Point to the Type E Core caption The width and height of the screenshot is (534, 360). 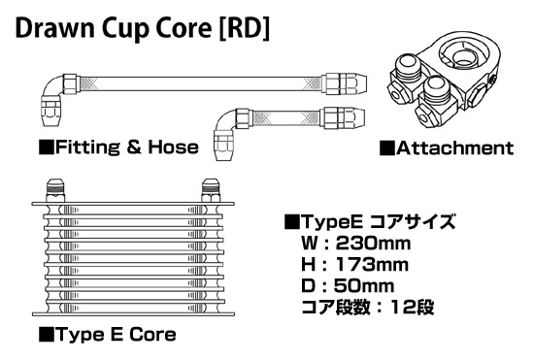pyautogui.click(x=115, y=336)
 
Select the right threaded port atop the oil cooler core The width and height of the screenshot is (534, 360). pyautogui.click(x=210, y=187)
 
